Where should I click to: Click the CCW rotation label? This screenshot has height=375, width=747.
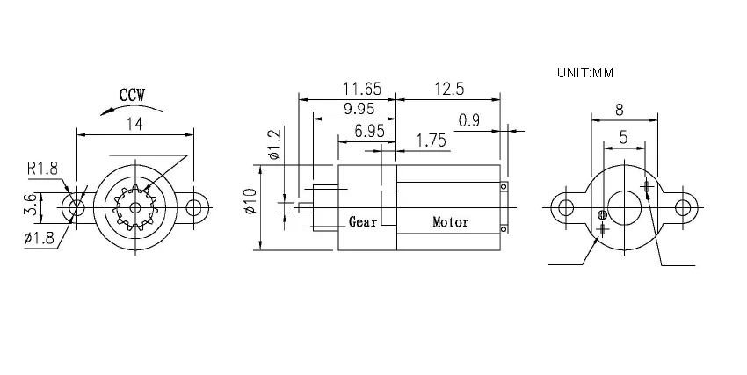click(x=132, y=95)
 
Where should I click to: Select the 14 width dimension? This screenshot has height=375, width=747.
click(x=134, y=125)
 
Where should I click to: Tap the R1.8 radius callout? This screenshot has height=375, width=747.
click(x=42, y=169)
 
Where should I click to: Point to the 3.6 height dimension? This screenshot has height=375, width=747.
click(x=31, y=207)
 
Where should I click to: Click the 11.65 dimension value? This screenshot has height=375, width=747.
click(x=362, y=89)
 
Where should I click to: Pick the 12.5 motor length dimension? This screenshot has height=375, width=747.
click(x=449, y=89)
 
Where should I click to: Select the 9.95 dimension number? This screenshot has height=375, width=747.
click(x=359, y=109)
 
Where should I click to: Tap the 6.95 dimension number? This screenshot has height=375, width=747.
click(x=369, y=130)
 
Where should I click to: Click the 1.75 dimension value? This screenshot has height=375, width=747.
click(x=432, y=141)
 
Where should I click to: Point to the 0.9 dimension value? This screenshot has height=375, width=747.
click(x=469, y=121)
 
